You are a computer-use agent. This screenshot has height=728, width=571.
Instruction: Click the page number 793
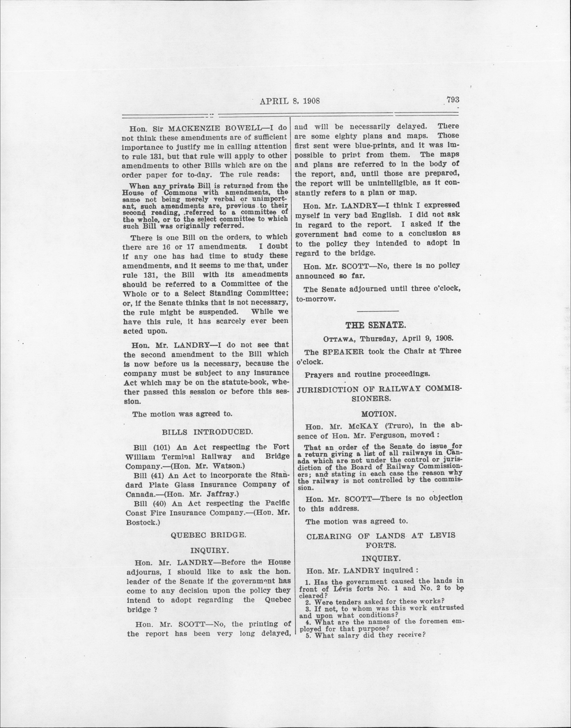tap(453, 100)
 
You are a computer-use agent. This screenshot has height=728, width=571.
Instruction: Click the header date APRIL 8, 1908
tap(290, 101)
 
